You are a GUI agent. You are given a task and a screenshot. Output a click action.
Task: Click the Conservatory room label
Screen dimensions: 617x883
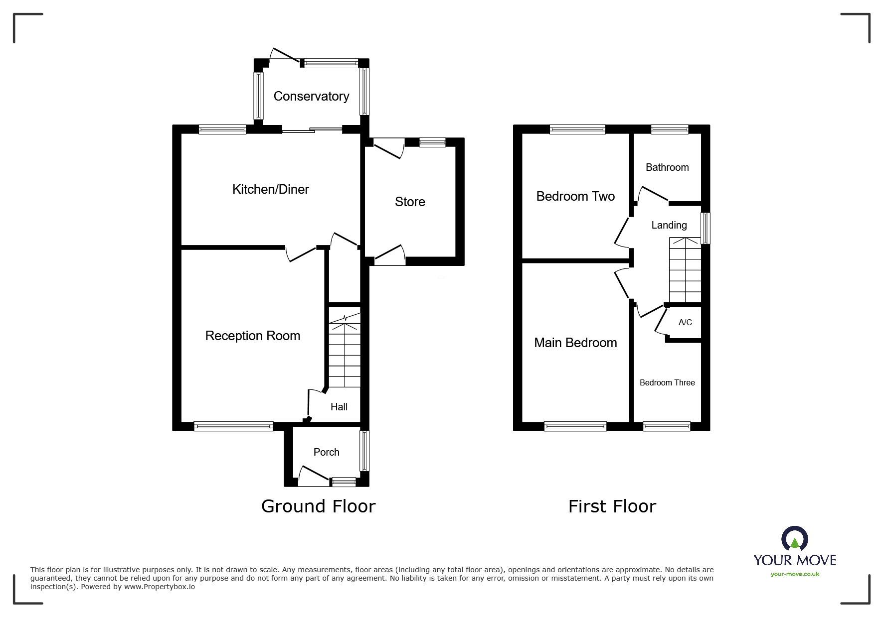311,96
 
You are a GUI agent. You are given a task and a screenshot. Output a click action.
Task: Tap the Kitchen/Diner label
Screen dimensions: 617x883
270,189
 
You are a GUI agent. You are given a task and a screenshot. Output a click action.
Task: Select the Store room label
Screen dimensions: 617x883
410,202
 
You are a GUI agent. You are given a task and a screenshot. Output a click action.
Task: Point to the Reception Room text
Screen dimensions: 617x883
252,336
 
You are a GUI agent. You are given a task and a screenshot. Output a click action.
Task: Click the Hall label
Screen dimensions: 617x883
339,407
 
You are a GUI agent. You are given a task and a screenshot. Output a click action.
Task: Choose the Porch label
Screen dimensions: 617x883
326,452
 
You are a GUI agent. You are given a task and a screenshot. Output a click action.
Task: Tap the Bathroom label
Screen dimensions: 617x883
667,167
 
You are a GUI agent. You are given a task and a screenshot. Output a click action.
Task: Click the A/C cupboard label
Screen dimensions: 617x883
685,323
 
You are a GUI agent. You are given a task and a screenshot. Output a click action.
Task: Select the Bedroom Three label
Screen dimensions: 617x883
667,382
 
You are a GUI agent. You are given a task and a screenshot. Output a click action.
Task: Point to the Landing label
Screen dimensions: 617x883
669,225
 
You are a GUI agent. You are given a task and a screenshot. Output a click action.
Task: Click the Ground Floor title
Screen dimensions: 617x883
318,506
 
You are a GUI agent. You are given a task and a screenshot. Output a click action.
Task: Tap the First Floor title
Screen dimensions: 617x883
612,506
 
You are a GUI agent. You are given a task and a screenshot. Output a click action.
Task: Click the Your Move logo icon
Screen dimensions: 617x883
794,539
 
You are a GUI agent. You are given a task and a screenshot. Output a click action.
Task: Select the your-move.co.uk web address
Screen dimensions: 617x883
795,574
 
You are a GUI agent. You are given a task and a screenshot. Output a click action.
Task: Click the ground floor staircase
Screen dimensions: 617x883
344,351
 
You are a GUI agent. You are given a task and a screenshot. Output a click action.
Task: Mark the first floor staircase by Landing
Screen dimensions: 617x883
685,271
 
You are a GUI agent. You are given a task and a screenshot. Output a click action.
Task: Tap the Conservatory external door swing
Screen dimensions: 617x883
284,56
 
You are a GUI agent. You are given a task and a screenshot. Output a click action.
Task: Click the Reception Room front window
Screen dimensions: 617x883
233,426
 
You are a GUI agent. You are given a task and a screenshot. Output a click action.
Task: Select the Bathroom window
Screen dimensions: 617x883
669,129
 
